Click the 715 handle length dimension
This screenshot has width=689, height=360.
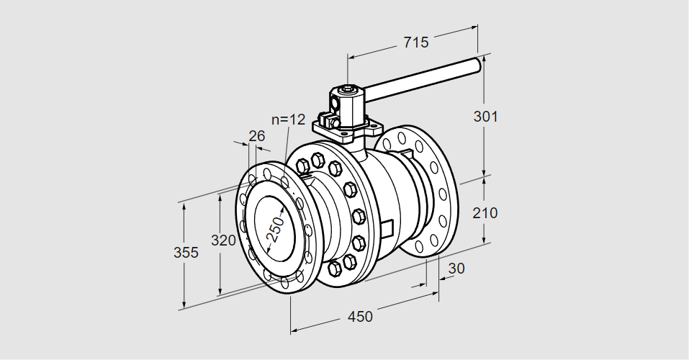point(415,42)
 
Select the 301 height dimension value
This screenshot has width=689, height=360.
point(486,116)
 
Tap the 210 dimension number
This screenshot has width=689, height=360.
point(486,213)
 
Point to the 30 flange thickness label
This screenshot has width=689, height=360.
point(456,269)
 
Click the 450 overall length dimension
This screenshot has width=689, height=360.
point(360,316)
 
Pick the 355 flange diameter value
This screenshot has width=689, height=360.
point(186,253)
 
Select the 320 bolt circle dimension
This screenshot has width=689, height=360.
point(223,240)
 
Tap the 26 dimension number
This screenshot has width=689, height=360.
point(256,135)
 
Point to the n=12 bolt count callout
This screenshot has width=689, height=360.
point(289,120)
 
